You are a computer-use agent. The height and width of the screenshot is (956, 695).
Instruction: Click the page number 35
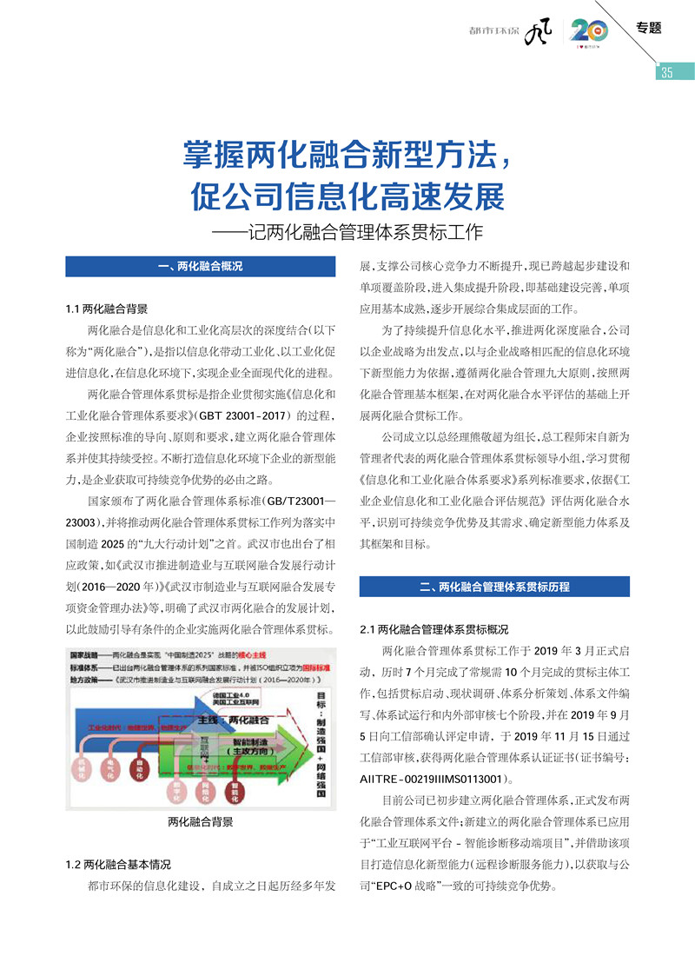tap(666, 72)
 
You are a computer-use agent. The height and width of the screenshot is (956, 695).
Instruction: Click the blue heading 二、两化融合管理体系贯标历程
tap(494, 587)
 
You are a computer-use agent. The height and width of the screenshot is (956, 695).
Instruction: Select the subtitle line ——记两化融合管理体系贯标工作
tap(347, 233)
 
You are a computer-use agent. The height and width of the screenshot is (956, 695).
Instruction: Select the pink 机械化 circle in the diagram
tap(80, 766)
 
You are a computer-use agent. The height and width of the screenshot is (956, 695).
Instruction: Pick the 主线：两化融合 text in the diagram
tap(233, 720)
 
